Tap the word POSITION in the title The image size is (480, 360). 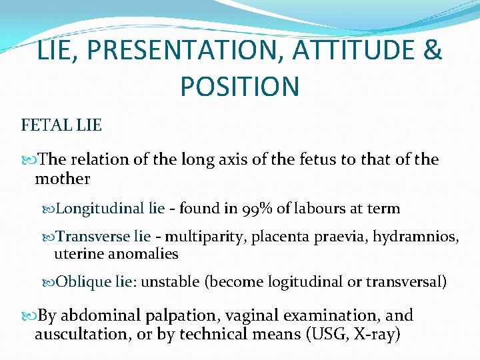[x=239, y=86]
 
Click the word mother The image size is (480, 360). [x=62, y=179]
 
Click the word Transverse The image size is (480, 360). [x=93, y=236]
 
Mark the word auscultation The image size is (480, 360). [x=82, y=334]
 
